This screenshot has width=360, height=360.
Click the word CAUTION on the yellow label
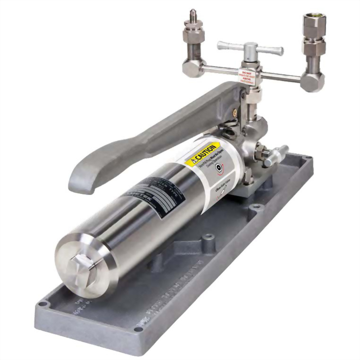pos(206,152)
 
